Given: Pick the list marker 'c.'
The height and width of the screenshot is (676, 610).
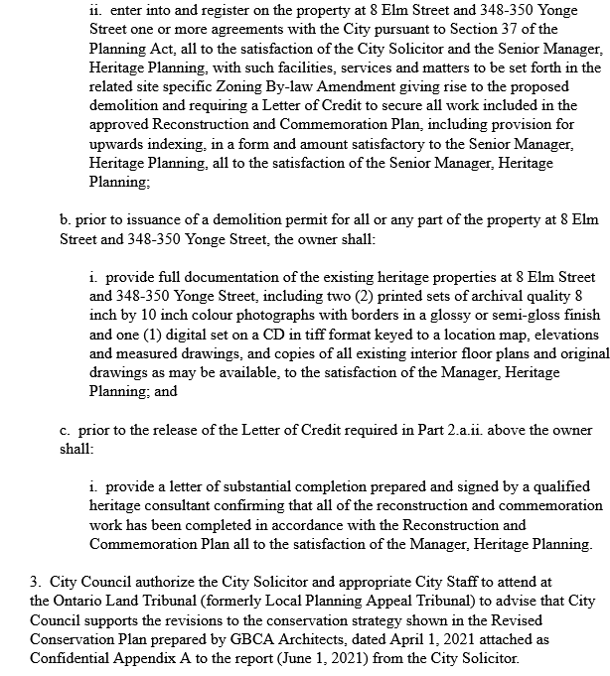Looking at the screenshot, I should tap(66, 430).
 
